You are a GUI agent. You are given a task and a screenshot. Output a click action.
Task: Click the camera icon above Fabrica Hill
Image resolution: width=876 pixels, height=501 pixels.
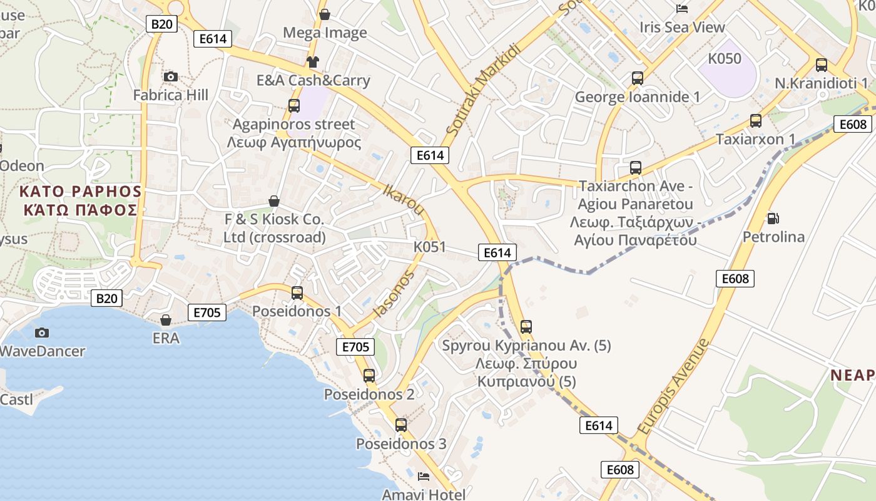(170, 76)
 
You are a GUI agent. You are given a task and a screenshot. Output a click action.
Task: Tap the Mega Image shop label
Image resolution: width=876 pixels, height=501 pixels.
(325, 33)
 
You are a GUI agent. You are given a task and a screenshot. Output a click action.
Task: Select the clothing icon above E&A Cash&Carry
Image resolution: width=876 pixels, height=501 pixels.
(313, 61)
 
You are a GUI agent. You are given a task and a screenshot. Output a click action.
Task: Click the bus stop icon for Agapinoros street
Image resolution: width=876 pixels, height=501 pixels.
(294, 105)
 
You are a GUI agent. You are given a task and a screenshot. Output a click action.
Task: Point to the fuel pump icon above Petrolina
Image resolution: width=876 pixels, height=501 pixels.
(773, 218)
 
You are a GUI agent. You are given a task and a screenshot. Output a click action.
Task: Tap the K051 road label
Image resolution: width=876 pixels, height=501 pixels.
(429, 247)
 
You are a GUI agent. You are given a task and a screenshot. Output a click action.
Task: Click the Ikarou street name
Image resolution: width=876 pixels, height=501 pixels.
(404, 200)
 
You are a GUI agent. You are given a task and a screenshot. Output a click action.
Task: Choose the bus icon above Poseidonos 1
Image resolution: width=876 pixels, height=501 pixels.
(297, 292)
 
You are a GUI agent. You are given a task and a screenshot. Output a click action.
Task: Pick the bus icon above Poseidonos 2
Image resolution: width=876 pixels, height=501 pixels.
(369, 376)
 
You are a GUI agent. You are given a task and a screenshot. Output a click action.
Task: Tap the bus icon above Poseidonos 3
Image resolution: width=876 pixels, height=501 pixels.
(401, 425)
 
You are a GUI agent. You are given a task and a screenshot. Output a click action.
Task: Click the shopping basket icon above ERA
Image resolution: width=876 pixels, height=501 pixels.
(166, 320)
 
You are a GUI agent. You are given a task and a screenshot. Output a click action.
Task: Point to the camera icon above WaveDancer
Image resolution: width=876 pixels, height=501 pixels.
(42, 333)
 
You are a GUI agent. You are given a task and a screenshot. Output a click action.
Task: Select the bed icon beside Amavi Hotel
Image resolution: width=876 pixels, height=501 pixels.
(424, 477)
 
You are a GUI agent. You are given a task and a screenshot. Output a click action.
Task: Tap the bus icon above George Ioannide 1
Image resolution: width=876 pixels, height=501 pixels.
(638, 78)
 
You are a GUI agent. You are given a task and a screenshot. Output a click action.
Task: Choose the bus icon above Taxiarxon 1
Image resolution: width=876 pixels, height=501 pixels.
(756, 120)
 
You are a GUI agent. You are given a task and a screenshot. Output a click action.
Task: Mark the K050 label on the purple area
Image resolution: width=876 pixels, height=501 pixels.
(725, 59)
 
